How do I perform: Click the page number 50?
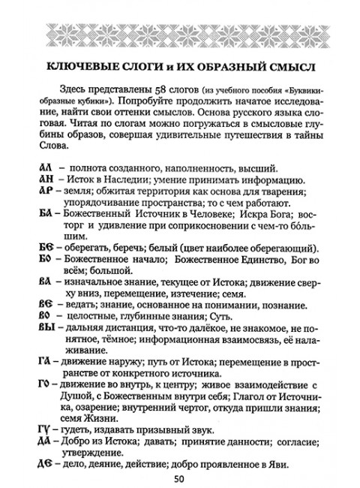[179, 477]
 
